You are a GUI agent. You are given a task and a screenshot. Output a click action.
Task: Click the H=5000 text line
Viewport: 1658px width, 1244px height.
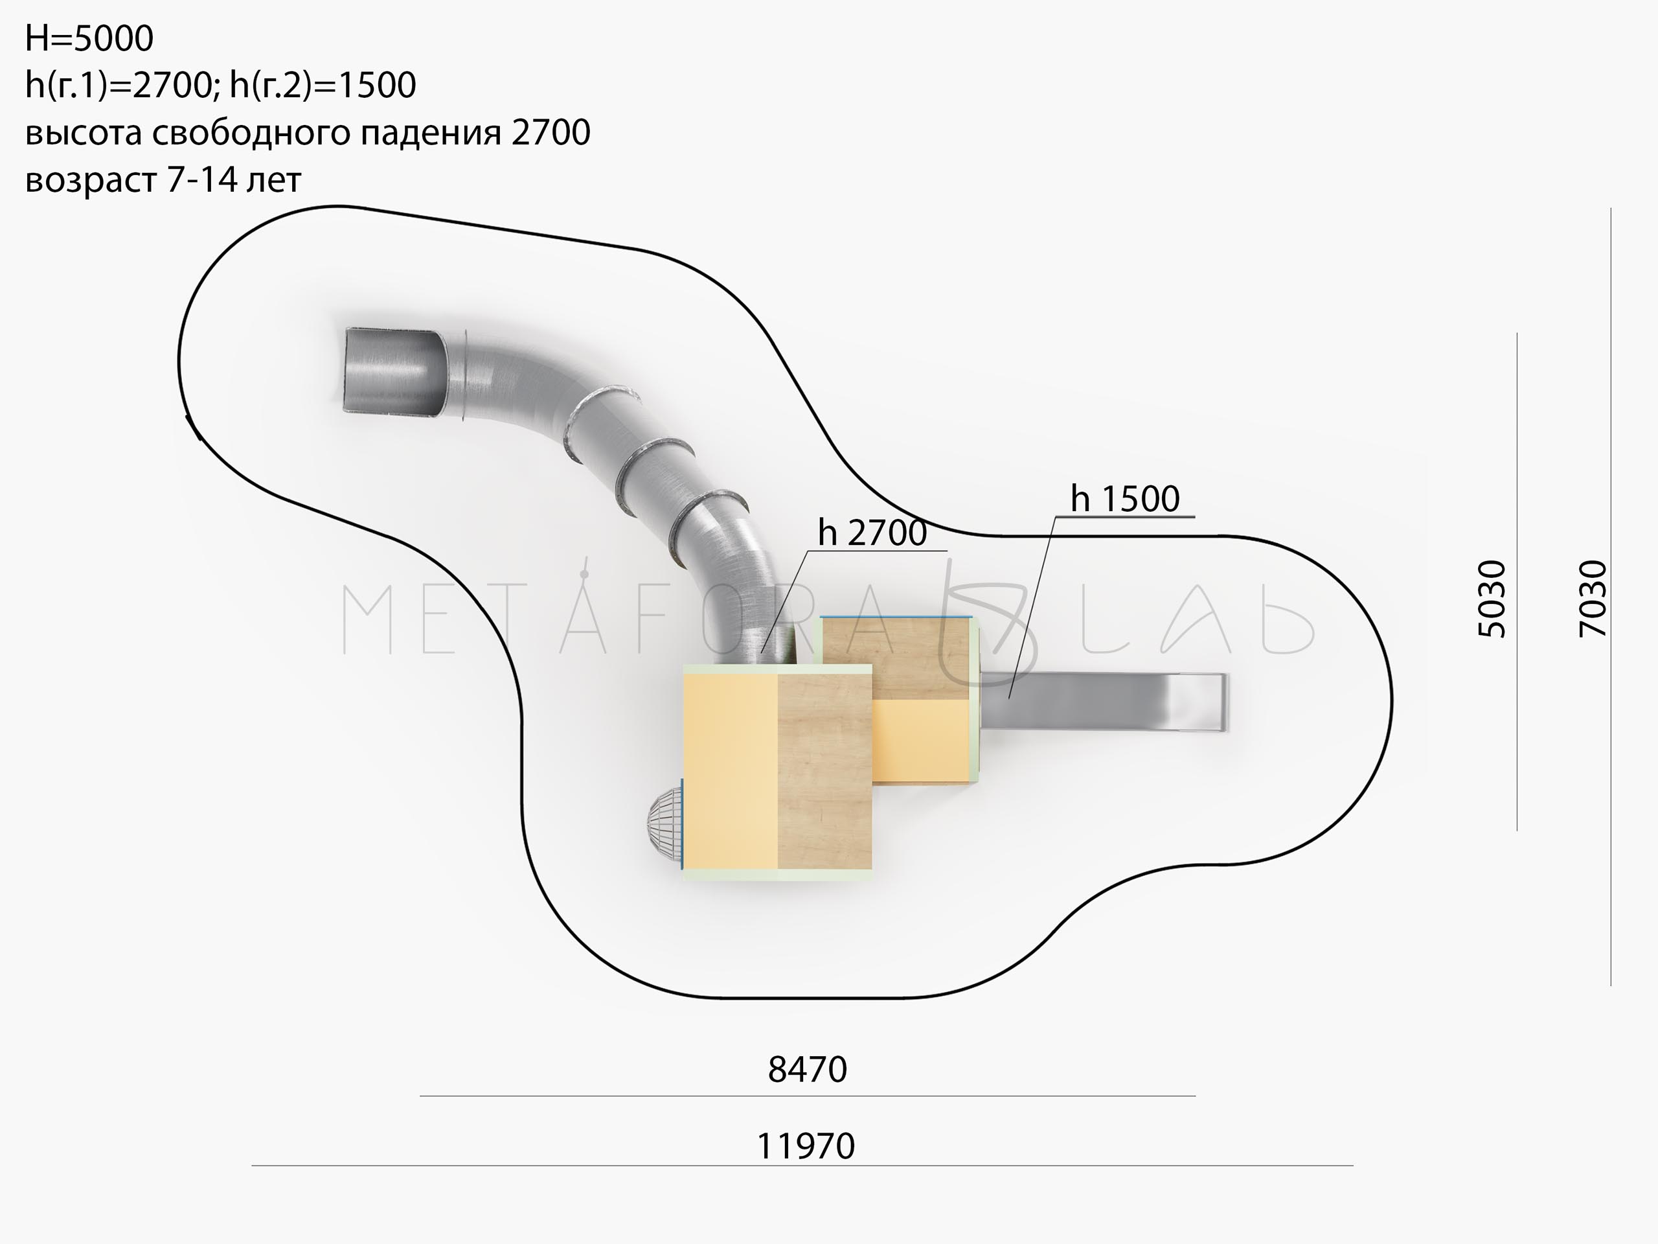pyautogui.click(x=89, y=38)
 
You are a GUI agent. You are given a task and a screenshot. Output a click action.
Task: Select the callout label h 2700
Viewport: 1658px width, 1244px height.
pyautogui.click(x=872, y=533)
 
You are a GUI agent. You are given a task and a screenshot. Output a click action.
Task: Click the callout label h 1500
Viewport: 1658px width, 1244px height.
pyautogui.click(x=1125, y=499)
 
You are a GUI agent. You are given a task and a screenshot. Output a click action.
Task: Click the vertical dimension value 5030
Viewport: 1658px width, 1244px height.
pyautogui.click(x=1492, y=599)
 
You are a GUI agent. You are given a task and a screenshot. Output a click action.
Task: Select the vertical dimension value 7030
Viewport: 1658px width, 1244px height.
pyautogui.click(x=1593, y=599)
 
